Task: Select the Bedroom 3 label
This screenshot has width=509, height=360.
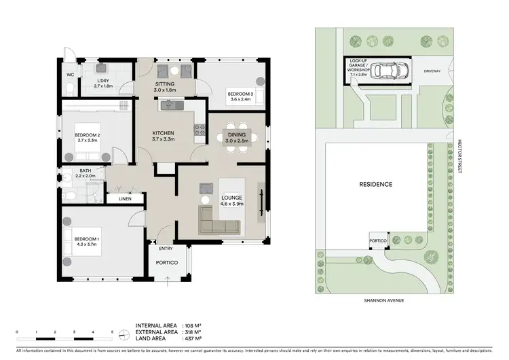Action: click(x=240, y=96)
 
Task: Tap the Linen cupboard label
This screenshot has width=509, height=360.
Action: click(x=125, y=199)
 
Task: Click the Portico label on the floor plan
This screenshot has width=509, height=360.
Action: click(x=167, y=262)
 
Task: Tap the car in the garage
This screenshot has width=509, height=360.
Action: click(x=387, y=70)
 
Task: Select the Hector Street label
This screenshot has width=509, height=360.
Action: click(x=459, y=152)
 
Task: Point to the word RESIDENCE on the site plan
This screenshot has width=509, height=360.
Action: click(x=376, y=184)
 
